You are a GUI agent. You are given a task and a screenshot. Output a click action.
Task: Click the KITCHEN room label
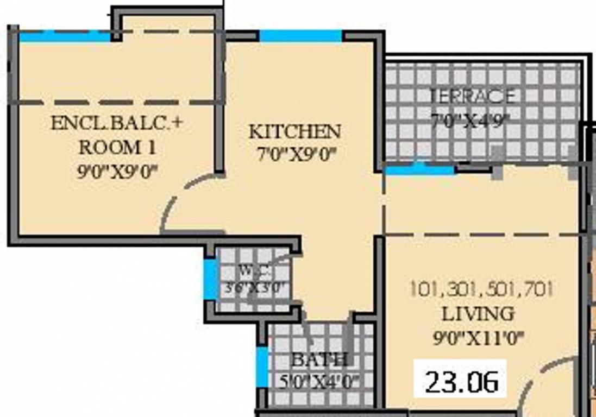click(x=294, y=131)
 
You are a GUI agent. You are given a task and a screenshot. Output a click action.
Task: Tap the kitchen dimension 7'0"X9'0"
click(x=294, y=155)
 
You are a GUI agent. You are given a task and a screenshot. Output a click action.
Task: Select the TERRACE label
click(x=472, y=96)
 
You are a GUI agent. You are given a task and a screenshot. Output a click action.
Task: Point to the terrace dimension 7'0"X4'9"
click(x=470, y=119)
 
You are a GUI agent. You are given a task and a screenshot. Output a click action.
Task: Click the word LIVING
click(x=477, y=314)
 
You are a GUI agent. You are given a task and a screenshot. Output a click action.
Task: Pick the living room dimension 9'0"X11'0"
click(x=478, y=338)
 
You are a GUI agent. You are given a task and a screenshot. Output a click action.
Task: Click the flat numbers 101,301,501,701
click(x=481, y=289)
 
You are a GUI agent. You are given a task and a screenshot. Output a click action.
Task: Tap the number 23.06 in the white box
click(x=461, y=382)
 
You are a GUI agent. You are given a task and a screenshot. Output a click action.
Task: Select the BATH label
click(x=319, y=359)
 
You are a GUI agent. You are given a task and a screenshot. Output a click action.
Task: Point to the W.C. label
click(x=253, y=270)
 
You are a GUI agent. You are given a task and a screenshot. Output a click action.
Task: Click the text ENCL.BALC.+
click(x=117, y=123)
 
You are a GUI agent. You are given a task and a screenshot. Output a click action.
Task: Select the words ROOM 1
click(x=117, y=147)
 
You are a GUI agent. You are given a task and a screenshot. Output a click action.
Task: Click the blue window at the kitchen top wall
click(x=300, y=36)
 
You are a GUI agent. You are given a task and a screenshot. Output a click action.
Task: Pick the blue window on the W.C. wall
click(x=209, y=280)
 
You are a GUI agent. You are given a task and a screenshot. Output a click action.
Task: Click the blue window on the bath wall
click(x=262, y=367)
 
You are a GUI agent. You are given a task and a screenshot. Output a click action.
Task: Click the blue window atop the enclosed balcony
click(x=65, y=36)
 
